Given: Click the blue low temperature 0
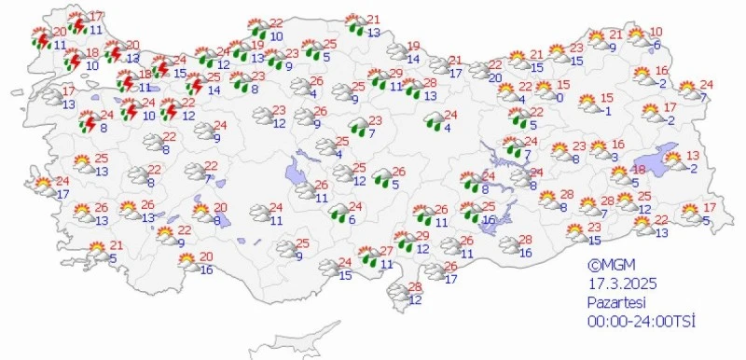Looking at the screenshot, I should point(559,97).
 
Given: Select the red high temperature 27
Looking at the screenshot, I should point(387,251).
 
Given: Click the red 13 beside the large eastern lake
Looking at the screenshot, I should point(692,154).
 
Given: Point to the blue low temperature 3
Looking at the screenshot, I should point(614,157).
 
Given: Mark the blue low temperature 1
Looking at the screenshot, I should point(607,112).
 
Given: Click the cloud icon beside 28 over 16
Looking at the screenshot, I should point(507,245).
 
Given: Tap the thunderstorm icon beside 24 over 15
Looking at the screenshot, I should point(159,66).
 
